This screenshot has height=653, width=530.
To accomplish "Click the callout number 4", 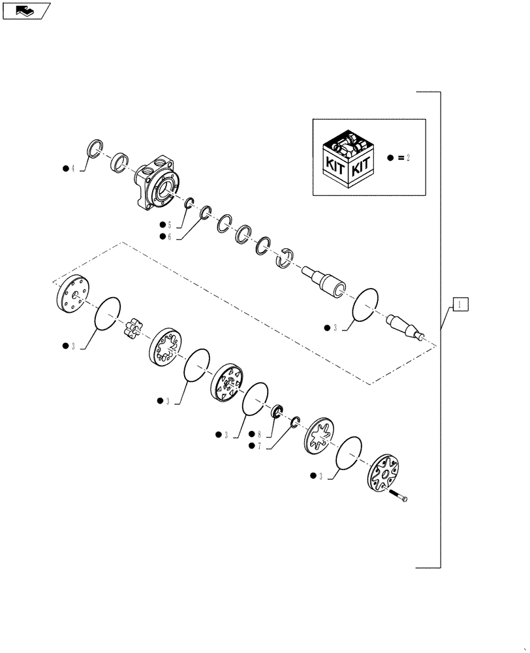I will tap(74, 169).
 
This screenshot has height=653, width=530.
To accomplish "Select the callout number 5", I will tap(168, 224).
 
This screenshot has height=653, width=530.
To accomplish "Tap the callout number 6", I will tap(168, 236).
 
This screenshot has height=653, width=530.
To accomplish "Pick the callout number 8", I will tap(259, 434).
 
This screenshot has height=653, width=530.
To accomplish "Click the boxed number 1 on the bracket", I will tap(459, 304).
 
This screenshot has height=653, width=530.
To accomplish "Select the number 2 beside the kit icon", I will tap(408, 159).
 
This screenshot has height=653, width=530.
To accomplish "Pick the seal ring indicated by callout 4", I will tap(95, 149).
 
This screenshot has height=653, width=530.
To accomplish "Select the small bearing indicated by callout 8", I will tap(277, 411).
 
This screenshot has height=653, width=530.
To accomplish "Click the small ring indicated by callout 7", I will tap(294, 422).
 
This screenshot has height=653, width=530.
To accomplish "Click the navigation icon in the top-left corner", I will tap(26, 10).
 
